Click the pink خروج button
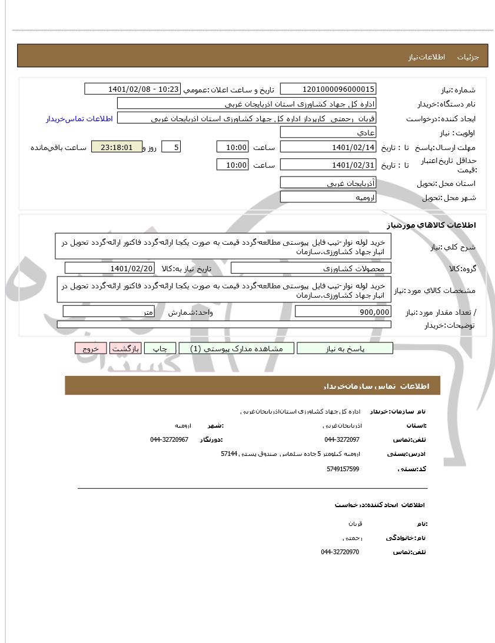(91, 348)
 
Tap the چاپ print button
(160, 348)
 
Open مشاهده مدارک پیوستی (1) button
(237, 348)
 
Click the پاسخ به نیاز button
(345, 348)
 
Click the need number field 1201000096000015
(328, 89)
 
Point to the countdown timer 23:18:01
(117, 147)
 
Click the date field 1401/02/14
(328, 147)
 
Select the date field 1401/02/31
(328, 165)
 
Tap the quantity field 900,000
(343, 312)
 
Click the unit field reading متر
(109, 312)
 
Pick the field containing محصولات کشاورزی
(311, 268)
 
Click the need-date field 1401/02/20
(109, 268)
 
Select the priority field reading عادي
(328, 132)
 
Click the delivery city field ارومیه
(328, 197)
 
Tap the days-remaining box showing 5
(171, 147)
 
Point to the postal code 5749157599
(343, 469)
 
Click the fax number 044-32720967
(169, 439)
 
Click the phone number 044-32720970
(340, 552)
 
